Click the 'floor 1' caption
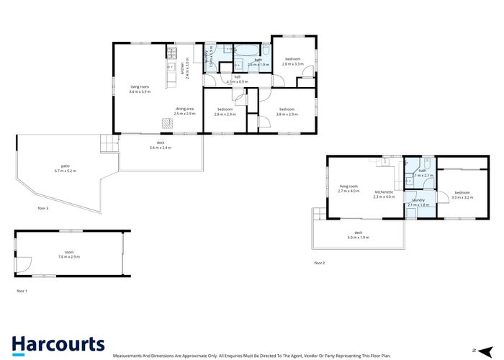(x=22, y=291)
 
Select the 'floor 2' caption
(x=319, y=264)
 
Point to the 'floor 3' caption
(x=43, y=207)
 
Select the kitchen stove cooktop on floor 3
(x=172, y=52)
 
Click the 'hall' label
(x=237, y=77)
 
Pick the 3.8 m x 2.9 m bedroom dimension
(x=288, y=114)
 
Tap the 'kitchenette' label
(x=384, y=192)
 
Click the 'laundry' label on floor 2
(x=418, y=200)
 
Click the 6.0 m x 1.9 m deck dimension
(x=358, y=237)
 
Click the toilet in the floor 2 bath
(x=428, y=163)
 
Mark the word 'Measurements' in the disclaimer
(x=131, y=356)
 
